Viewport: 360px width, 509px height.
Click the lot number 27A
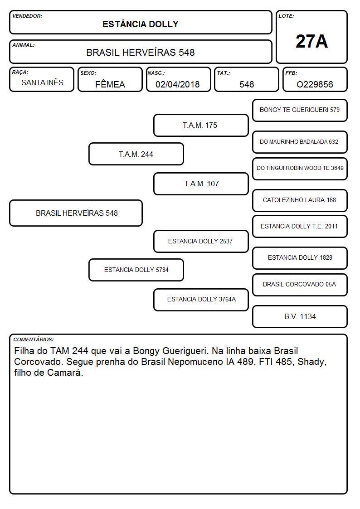pyautogui.click(x=311, y=41)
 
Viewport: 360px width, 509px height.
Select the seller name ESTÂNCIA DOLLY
pyautogui.click(x=141, y=24)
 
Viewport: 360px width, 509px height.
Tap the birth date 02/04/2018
pyautogui.click(x=178, y=84)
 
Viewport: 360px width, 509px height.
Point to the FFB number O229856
pyautogui.click(x=315, y=84)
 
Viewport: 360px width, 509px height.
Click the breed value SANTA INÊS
pyautogui.click(x=42, y=82)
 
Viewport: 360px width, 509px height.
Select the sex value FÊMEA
pyautogui.click(x=110, y=84)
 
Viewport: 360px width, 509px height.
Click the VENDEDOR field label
pyautogui.click(x=27, y=16)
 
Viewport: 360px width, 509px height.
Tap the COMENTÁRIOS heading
pyautogui.click(x=34, y=339)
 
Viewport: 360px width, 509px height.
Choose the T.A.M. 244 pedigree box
pyautogui.click(x=136, y=154)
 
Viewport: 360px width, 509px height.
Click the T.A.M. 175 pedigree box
pyautogui.click(x=201, y=125)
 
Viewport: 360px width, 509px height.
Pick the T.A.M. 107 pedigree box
pyautogui.click(x=201, y=184)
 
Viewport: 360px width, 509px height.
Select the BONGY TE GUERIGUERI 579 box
pyautogui.click(x=300, y=111)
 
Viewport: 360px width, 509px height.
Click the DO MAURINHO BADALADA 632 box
pyautogui.click(x=300, y=142)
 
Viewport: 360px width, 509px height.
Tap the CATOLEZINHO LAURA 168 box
pyautogui.click(x=300, y=200)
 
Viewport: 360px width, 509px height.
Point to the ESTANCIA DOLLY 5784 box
pyautogui.click(x=136, y=270)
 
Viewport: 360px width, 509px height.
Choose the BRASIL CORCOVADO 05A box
pyautogui.click(x=300, y=285)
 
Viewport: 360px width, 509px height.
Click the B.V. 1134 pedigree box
pyautogui.click(x=300, y=316)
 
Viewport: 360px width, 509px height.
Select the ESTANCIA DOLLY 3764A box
pyautogui.click(x=201, y=300)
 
